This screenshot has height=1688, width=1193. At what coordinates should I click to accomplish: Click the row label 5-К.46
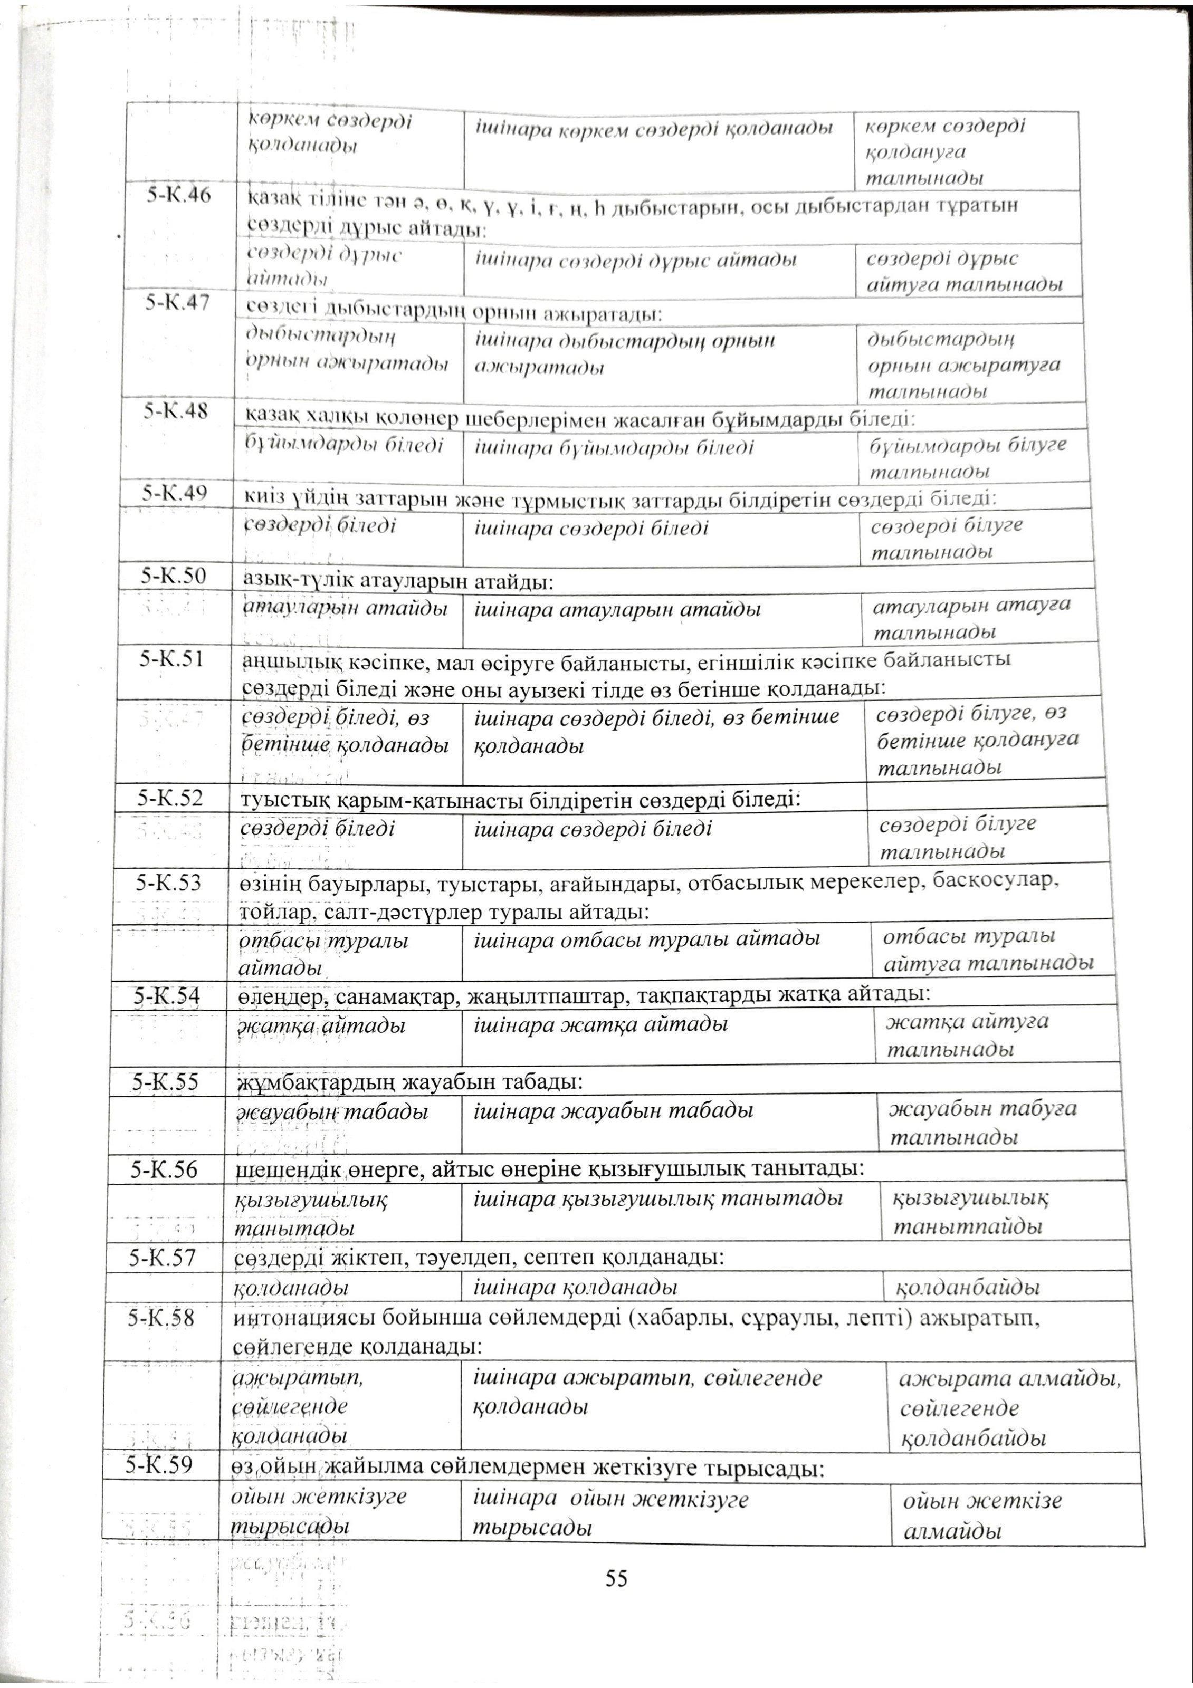point(179,196)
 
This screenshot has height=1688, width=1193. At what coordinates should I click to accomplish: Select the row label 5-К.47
point(177,302)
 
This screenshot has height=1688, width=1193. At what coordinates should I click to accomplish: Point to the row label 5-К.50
point(174,575)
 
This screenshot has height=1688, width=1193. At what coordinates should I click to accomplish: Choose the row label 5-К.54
point(166,995)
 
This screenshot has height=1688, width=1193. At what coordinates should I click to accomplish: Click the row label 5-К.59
point(159,1464)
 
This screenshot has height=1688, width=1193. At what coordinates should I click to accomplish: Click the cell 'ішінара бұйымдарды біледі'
point(614,447)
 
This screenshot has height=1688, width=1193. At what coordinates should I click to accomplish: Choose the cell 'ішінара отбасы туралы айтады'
point(646,939)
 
